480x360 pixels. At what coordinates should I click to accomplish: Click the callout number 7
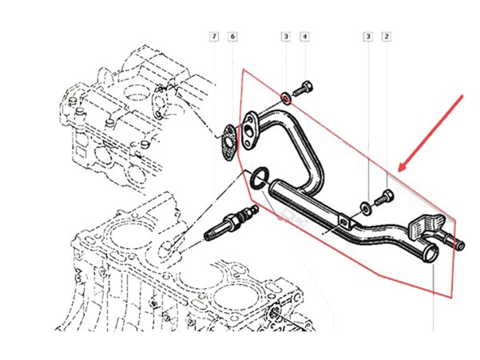(x=214, y=37)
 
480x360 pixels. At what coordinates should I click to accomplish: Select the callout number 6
(x=232, y=37)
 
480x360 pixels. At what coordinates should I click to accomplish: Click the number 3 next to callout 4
(x=285, y=37)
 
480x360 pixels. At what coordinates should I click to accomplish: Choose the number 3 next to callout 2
(x=367, y=37)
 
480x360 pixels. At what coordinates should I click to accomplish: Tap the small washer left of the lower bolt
(x=364, y=207)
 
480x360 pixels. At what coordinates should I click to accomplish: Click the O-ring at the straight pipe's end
(x=258, y=179)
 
